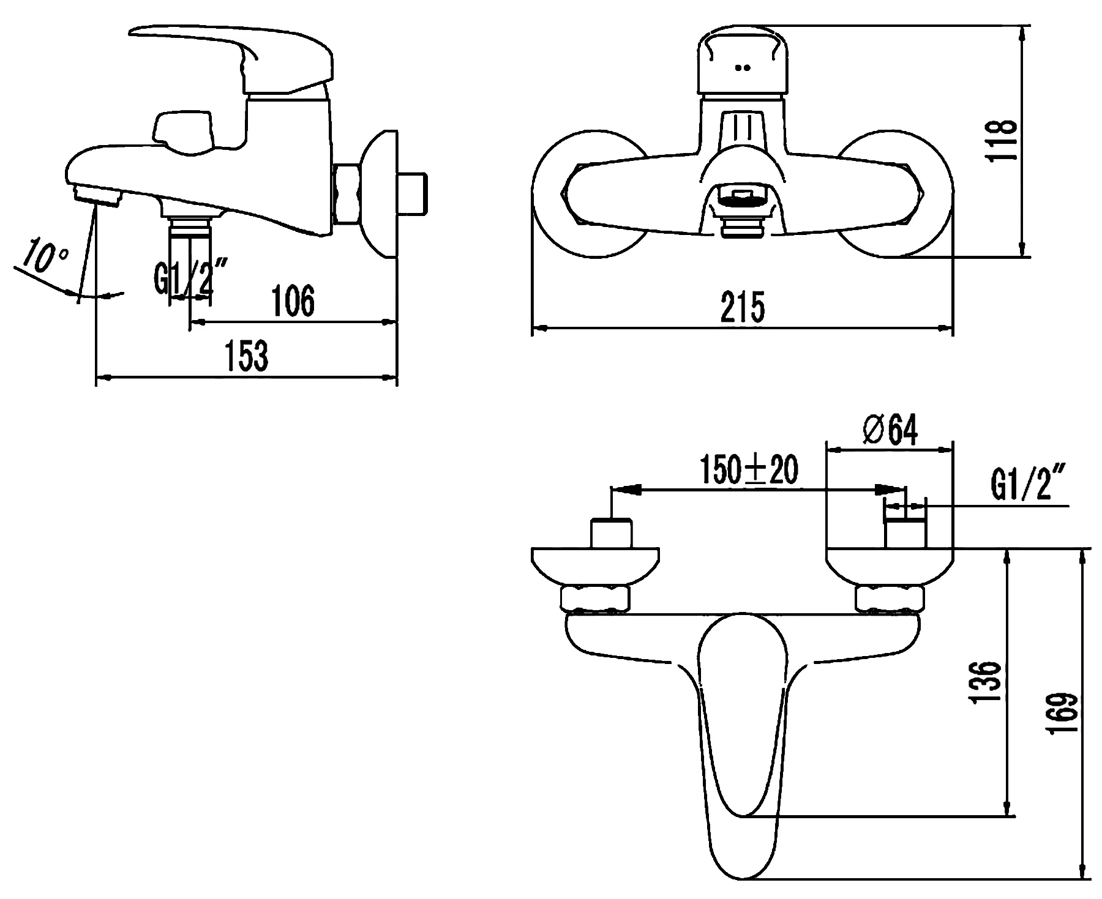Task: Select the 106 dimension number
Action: point(293,302)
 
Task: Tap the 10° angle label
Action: point(41,258)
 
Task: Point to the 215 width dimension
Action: point(742,308)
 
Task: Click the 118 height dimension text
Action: point(1002,141)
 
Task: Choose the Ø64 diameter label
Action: point(890,430)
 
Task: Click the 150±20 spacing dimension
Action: point(749,471)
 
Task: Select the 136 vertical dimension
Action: point(986,681)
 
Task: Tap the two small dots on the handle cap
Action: point(743,68)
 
